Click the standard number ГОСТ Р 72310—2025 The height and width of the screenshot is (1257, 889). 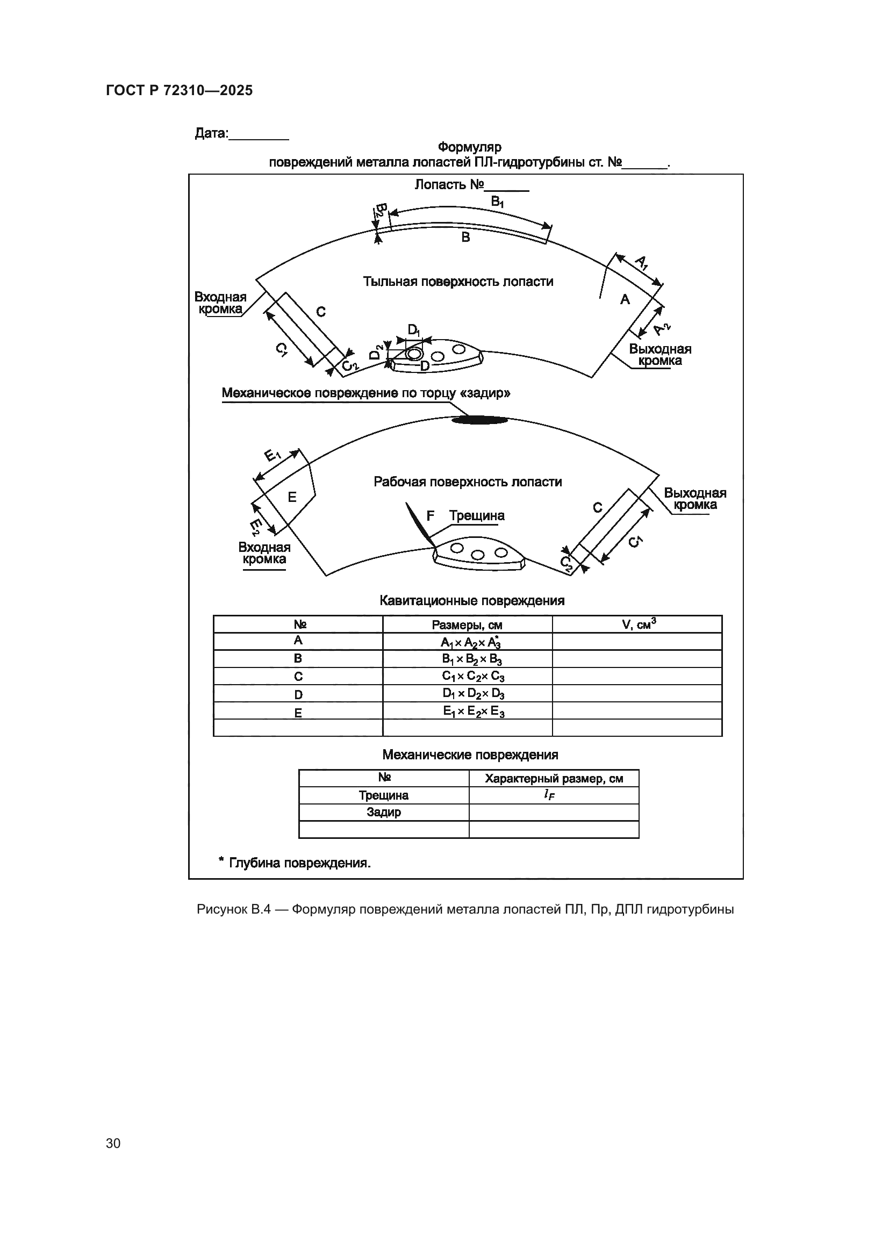pyautogui.click(x=179, y=90)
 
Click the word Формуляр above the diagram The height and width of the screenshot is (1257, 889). pyautogui.click(x=469, y=147)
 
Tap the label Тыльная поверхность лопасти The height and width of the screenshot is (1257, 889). pyautogui.click(x=458, y=282)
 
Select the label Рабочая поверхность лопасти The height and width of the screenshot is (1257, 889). pyautogui.click(x=468, y=482)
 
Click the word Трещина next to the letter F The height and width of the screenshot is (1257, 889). pyautogui.click(x=477, y=516)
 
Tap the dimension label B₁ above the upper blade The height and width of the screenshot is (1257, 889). pyautogui.click(x=497, y=202)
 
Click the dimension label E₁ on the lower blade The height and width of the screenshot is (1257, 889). pyautogui.click(x=273, y=455)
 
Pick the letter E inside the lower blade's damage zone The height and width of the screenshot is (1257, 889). pyautogui.click(x=292, y=497)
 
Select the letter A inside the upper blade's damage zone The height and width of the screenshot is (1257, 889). pyautogui.click(x=625, y=299)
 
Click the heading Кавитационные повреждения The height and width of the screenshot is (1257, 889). pyautogui.click(x=472, y=601)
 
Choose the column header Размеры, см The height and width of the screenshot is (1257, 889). pyautogui.click(x=467, y=624)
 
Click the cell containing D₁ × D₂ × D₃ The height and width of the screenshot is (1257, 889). pyautogui.click(x=474, y=694)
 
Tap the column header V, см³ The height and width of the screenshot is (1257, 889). pyautogui.click(x=639, y=623)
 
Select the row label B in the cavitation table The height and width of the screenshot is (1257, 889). pyautogui.click(x=298, y=659)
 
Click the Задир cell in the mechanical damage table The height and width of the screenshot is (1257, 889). pyautogui.click(x=384, y=813)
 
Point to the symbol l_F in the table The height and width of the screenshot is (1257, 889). pyautogui.click(x=549, y=795)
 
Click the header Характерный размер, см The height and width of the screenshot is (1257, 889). pyautogui.click(x=554, y=779)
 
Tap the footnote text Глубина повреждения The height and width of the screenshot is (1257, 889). pyautogui.click(x=299, y=864)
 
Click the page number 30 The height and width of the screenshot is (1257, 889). pyautogui.click(x=113, y=1144)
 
